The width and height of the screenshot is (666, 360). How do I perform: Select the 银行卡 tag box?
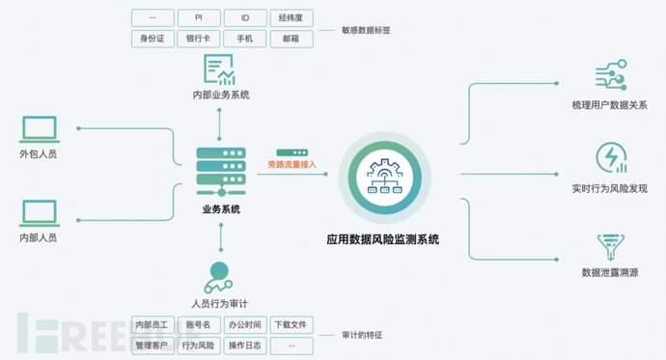click(198, 39)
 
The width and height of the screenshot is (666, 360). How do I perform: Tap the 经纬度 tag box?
click(291, 18)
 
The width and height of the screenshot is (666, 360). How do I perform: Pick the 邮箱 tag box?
click(291, 39)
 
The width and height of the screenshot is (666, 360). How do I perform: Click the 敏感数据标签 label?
click(367, 30)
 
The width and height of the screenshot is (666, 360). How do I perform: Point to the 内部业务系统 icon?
click(220, 70)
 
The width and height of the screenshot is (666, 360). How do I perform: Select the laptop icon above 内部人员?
click(38, 211)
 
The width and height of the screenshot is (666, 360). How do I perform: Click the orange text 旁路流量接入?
click(291, 165)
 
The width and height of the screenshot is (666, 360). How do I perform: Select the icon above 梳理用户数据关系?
click(610, 75)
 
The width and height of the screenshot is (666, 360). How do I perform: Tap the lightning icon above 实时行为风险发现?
click(610, 158)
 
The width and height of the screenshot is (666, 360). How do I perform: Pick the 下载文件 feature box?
click(291, 325)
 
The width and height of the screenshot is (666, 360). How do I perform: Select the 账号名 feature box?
click(198, 325)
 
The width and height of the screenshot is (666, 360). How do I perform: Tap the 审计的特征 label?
click(363, 335)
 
